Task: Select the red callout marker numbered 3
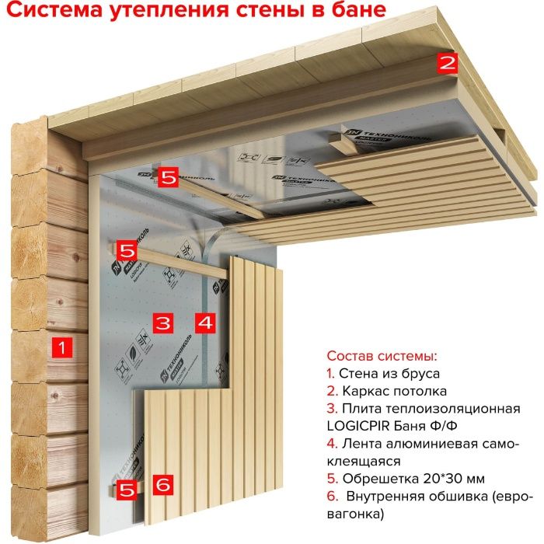tap(162, 321)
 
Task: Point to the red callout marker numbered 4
tap(204, 321)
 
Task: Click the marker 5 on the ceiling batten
tap(169, 177)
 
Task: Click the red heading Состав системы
tap(382, 356)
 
